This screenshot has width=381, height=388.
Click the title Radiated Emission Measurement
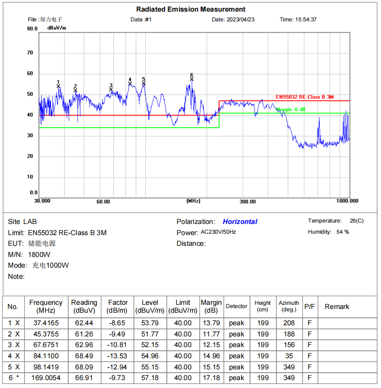[x=190, y=9]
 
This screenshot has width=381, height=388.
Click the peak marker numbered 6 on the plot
[x=191, y=79]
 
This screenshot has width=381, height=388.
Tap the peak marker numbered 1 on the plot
[x=59, y=86]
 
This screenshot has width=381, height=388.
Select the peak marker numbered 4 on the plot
[x=130, y=84]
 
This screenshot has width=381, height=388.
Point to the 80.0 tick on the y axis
[x=32, y=29]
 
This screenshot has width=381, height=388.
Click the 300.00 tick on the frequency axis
[x=248, y=202]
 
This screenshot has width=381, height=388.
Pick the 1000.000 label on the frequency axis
[x=348, y=201]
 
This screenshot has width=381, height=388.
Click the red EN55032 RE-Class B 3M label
[x=304, y=97]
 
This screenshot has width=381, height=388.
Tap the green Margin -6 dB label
[x=291, y=110]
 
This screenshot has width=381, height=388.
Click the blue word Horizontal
[x=240, y=222]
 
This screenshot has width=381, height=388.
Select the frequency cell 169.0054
[x=46, y=378]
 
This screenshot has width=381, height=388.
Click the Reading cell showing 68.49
[x=84, y=356]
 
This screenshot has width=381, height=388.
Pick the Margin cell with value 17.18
[x=211, y=378]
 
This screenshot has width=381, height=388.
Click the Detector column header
[x=236, y=306]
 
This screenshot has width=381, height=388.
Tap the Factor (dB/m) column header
[x=118, y=306]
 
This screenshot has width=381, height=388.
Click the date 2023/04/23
[x=241, y=20]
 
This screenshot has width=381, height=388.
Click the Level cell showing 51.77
[x=150, y=334]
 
